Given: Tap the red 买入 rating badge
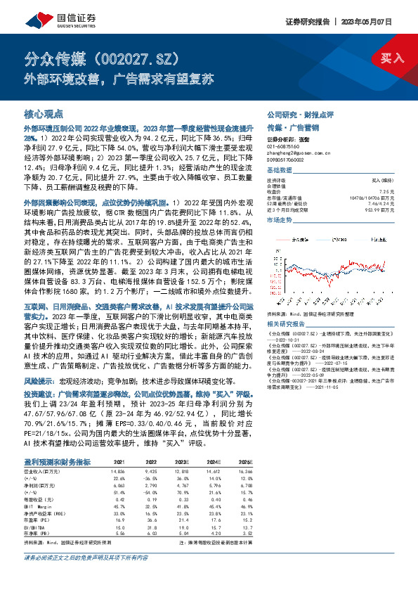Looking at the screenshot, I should click(x=393, y=57).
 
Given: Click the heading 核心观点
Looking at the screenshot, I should click(x=44, y=112).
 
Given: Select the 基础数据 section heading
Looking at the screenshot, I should click(x=280, y=171).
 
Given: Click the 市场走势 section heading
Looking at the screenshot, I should click(x=280, y=221).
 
